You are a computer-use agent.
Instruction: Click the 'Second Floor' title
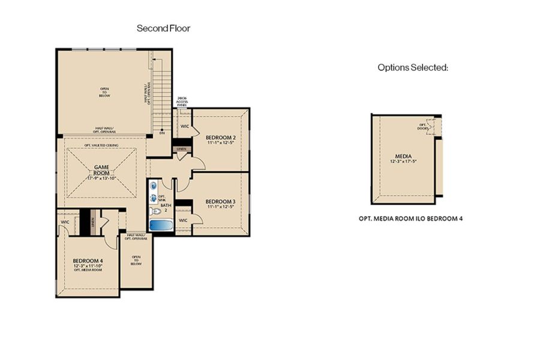coord(164,28)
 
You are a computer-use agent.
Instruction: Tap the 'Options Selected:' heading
coord(413,67)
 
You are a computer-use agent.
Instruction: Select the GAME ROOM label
coord(100,170)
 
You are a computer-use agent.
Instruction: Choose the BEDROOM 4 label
coord(87,260)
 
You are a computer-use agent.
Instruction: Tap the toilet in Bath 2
coord(155,211)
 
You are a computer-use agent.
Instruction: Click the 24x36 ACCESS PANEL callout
coord(183,102)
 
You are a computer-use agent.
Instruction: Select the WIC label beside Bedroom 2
coord(185,126)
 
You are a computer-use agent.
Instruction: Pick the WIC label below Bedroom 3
coord(184,220)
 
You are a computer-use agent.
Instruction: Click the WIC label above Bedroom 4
coord(65,222)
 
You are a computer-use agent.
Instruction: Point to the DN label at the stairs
coord(162,134)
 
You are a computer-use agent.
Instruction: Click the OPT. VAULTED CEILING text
coord(100,144)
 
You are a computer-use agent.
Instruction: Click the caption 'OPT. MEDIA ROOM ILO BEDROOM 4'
coord(411,219)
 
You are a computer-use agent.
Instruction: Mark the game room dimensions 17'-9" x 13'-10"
coord(100,178)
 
